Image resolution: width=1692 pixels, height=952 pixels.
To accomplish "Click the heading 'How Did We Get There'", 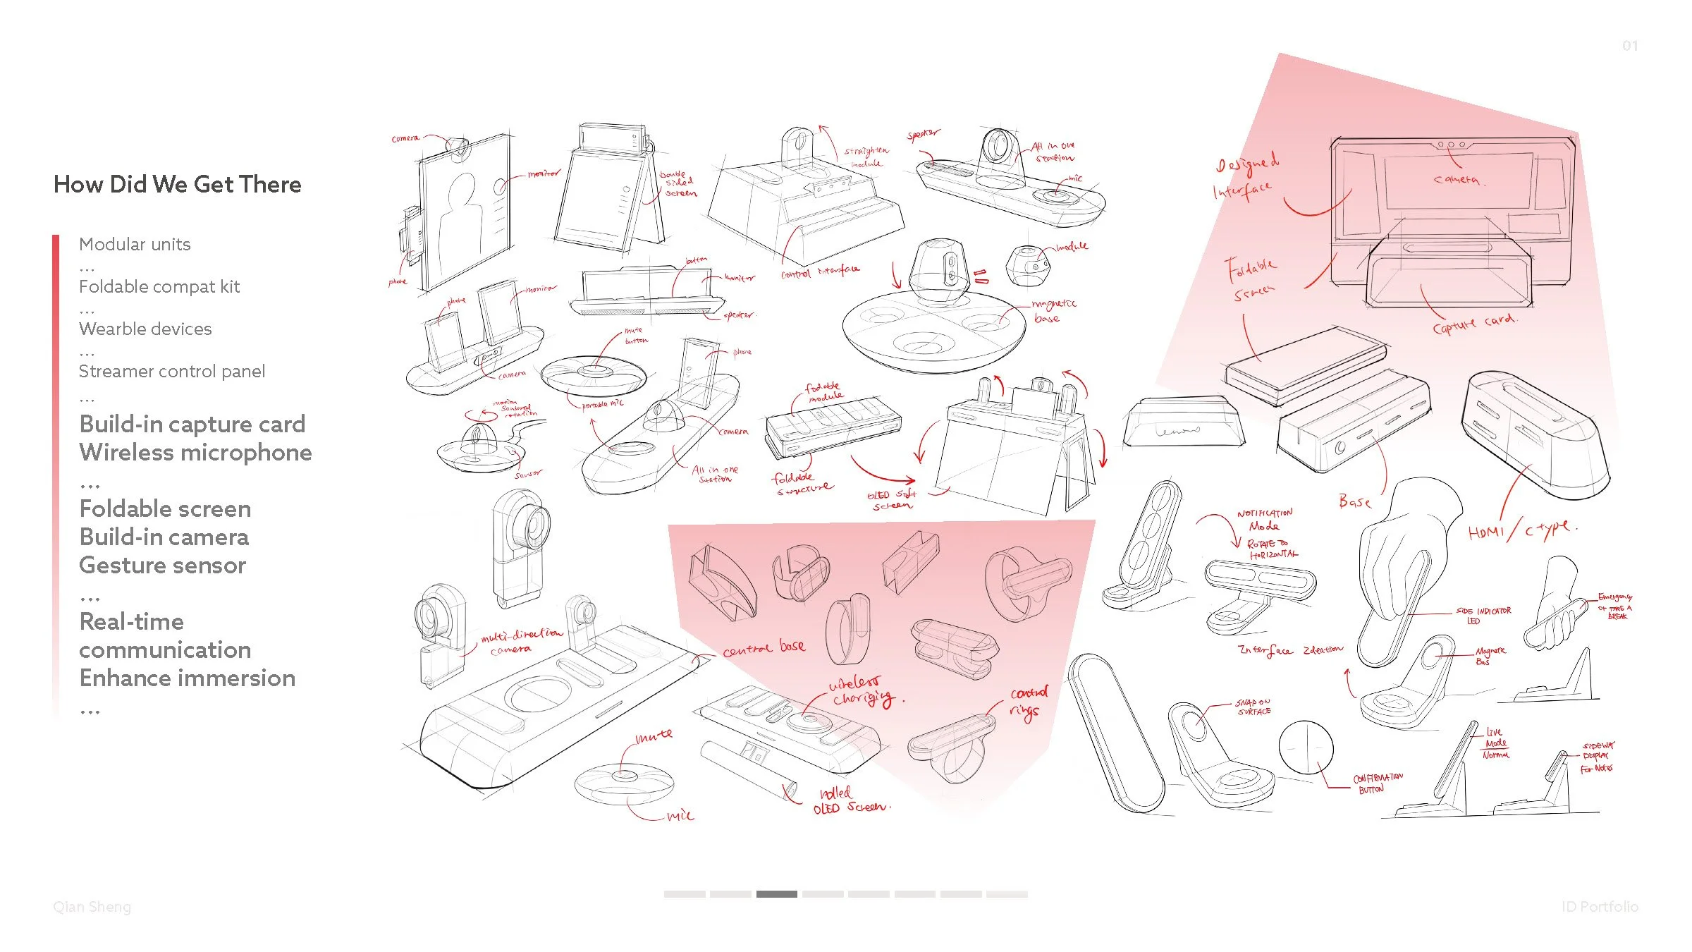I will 178,185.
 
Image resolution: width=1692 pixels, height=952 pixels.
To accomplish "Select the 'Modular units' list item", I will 135,245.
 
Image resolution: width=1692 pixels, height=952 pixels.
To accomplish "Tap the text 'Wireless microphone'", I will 195,453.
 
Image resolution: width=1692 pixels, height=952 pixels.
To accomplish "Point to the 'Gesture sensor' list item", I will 163,566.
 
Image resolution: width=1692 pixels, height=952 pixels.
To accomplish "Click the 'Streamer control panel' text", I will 172,372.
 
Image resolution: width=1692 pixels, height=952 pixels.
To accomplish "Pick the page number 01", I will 1630,46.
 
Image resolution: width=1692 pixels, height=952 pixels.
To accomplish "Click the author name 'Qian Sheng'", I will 92,907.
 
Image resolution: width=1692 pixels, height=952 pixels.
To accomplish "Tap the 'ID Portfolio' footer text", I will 1600,907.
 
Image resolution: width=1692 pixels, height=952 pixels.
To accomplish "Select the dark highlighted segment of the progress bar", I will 776,894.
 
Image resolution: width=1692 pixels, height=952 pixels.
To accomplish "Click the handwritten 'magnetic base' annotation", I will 1053,311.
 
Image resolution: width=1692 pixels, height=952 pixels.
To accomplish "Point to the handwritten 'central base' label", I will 764,648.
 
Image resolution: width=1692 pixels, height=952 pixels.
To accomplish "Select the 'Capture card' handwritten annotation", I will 1474,324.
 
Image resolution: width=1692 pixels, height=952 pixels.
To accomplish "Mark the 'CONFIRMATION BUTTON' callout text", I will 1377,783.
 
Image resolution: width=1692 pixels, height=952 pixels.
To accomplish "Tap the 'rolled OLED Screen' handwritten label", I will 850,801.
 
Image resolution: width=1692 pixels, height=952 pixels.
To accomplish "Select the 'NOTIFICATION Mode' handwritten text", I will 1265,520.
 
